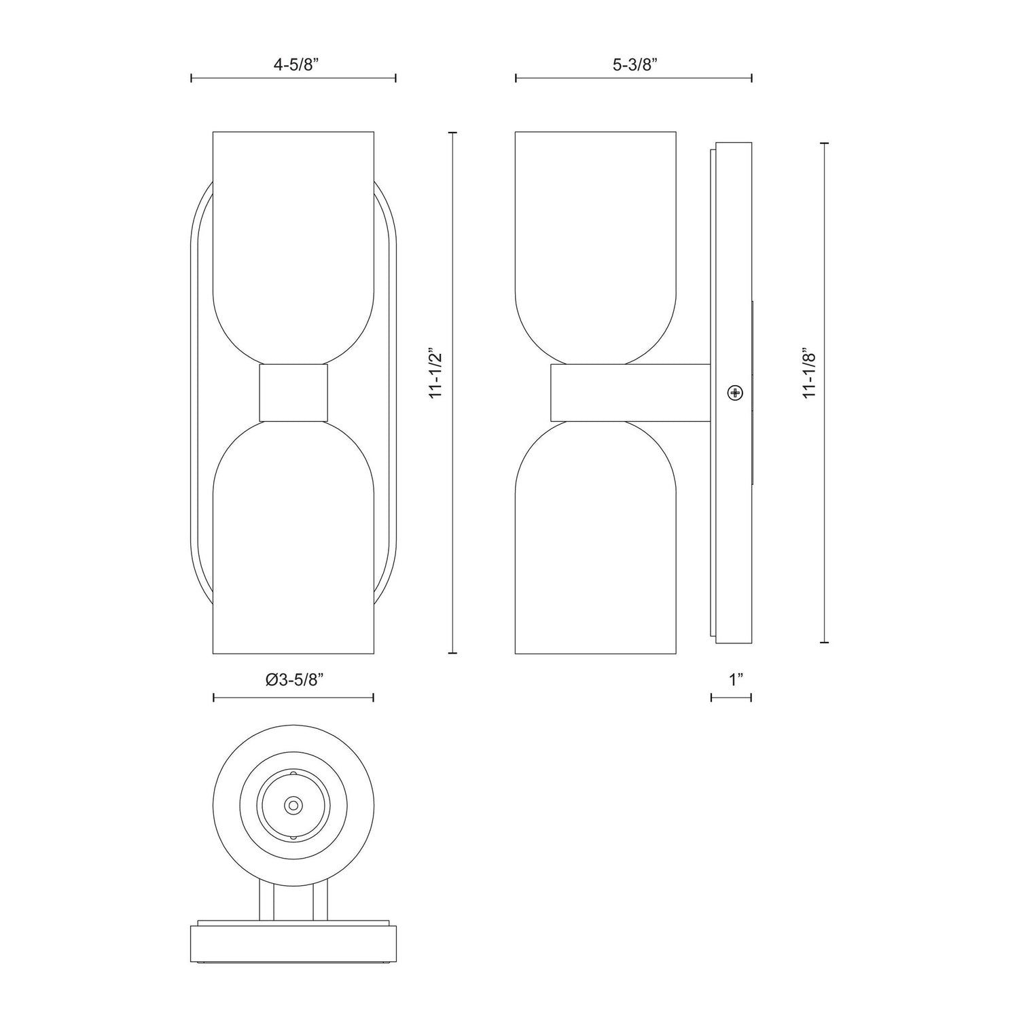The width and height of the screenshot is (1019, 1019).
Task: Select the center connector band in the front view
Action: [293, 393]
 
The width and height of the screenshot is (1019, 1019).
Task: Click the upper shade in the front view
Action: [293, 238]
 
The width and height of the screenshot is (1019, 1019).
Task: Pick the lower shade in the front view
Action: [293, 543]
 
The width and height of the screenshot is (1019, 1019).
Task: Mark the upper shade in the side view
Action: [596, 238]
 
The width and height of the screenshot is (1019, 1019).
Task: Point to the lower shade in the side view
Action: [596, 543]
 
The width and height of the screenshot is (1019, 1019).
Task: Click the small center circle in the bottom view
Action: [293, 805]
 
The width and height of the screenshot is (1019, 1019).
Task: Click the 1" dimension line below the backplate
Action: [731, 698]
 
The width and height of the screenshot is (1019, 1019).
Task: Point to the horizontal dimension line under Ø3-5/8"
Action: [293, 698]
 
